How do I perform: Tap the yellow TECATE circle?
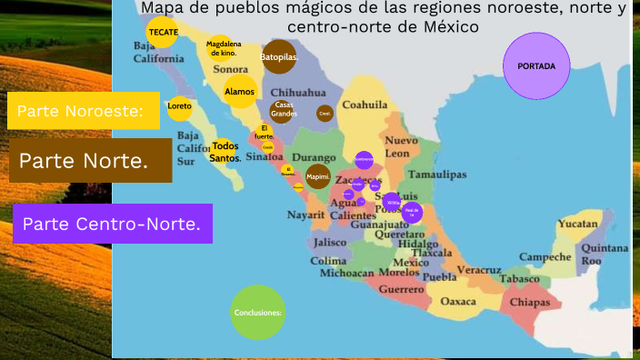(164, 33)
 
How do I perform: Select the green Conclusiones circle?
(258, 312)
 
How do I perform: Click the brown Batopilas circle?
(279, 57)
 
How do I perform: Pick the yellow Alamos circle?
(240, 92)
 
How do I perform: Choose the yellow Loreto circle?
(180, 106)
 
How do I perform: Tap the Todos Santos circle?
(225, 152)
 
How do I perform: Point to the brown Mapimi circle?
(318, 176)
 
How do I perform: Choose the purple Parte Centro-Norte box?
(113, 224)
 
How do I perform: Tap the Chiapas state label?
(529, 302)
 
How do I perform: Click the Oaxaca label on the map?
(457, 301)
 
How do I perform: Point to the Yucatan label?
(578, 223)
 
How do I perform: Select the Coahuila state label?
(365, 105)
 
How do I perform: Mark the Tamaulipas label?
(437, 174)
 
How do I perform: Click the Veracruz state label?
(479, 270)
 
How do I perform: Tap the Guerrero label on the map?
(401, 289)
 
